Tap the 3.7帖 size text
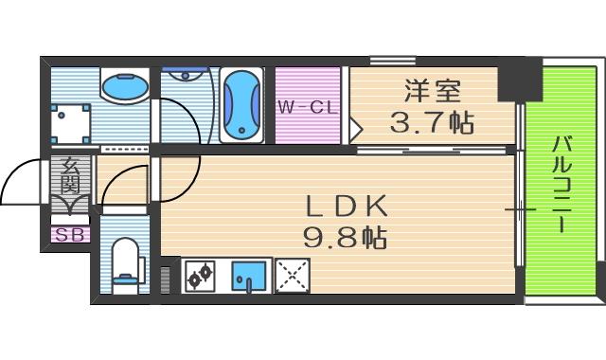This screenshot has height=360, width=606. pyautogui.click(x=432, y=121)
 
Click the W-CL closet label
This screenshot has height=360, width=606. pyautogui.click(x=307, y=107)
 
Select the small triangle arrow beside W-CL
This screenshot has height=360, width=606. pyautogui.click(x=356, y=124)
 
